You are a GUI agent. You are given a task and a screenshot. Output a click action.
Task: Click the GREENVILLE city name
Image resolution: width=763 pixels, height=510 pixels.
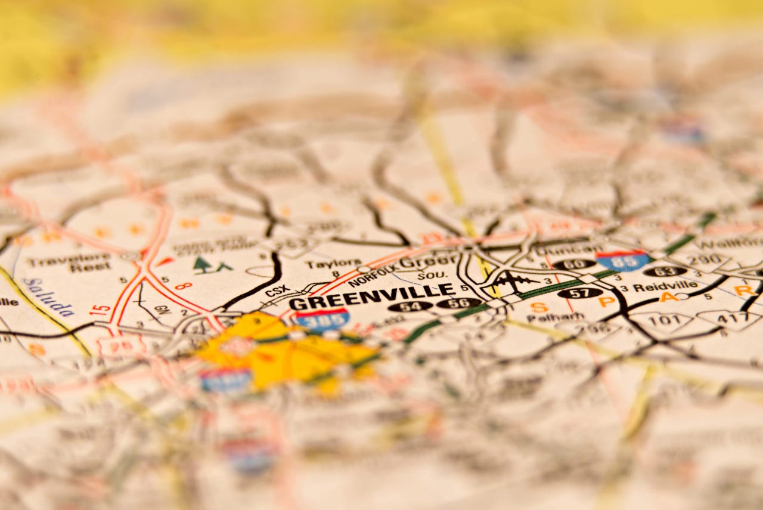coord(371,296)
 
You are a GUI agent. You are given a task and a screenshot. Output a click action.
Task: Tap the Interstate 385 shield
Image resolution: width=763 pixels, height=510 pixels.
coord(322,320)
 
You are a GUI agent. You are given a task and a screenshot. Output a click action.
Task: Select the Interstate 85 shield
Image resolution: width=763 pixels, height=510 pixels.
coord(623,260)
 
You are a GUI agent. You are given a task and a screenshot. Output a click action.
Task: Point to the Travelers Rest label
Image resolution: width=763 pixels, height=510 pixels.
coord(69,263)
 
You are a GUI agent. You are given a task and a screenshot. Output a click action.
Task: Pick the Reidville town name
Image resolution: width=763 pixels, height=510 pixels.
coord(665,287)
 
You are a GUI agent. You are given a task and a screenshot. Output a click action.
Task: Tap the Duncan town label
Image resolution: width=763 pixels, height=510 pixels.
coord(560,250)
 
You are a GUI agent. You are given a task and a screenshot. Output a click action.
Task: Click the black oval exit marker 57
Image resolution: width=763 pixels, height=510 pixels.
coord(579,293)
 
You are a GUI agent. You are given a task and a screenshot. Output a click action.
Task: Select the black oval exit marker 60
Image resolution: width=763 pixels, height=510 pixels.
coord(574,264)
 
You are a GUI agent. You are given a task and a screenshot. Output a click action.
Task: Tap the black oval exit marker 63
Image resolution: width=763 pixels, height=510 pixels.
coord(665,271)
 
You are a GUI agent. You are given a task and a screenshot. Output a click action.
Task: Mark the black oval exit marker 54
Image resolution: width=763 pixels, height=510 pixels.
coord(410,306)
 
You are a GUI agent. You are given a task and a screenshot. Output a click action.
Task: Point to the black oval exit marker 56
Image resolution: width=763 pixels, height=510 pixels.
coord(458,303)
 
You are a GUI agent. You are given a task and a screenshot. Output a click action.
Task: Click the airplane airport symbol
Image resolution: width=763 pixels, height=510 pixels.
coord(512,280)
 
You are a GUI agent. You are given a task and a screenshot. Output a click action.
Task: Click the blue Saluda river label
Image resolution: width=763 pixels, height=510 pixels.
coord(49,296)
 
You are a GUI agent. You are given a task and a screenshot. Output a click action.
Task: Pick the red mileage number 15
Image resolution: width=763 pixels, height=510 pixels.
coord(100,310)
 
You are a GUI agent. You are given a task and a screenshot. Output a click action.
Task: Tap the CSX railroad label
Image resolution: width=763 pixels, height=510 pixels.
coord(277,291)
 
